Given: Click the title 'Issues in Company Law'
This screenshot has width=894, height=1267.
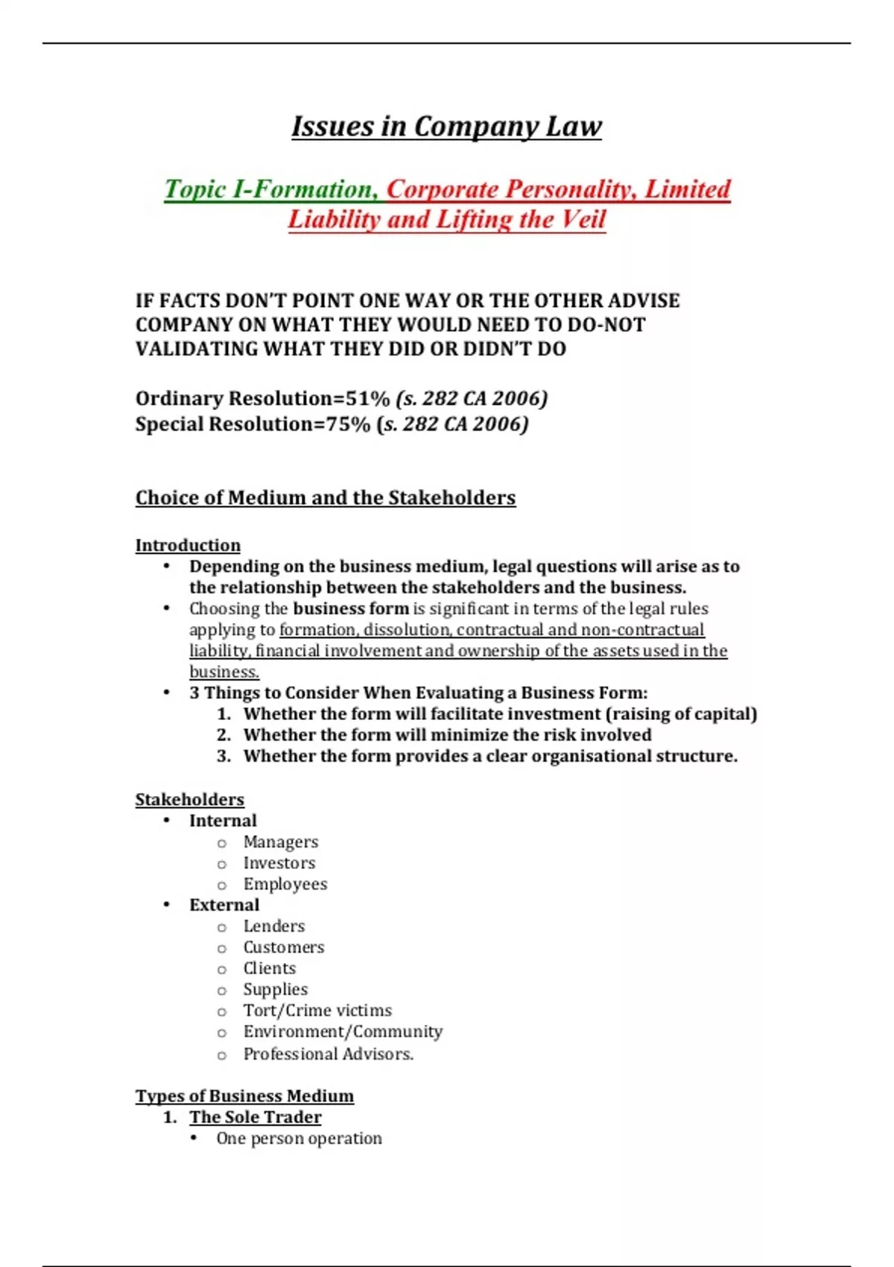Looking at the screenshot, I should [x=446, y=127].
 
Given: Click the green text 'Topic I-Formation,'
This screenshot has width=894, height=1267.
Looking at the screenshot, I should [x=272, y=189].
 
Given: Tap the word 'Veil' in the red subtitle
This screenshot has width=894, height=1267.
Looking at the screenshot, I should [x=582, y=220].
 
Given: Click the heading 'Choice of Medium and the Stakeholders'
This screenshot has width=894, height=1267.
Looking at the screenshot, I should [x=325, y=498].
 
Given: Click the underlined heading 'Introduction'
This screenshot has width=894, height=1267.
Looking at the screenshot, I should [x=188, y=546].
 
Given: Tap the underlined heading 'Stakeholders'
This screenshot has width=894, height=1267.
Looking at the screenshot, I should [x=189, y=800].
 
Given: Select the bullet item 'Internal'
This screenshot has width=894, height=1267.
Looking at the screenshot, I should [x=223, y=821].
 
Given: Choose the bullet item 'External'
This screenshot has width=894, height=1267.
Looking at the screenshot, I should [x=224, y=905].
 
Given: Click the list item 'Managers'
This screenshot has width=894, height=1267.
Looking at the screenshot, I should [x=280, y=842].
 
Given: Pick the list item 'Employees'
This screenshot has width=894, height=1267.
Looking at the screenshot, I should [x=285, y=884].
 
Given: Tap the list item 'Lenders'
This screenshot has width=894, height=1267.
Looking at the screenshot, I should [x=273, y=926].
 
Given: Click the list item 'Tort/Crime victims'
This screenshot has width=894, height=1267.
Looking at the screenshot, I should [x=317, y=1011].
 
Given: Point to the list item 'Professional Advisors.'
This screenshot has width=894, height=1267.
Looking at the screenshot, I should [x=328, y=1054].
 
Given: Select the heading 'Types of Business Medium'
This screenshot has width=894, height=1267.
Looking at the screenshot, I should [x=244, y=1096].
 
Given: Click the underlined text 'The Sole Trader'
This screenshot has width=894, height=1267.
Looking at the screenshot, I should [x=255, y=1117].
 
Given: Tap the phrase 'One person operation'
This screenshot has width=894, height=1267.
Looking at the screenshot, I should [x=299, y=1139].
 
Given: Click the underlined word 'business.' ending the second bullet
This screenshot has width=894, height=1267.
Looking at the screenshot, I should [x=224, y=672].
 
